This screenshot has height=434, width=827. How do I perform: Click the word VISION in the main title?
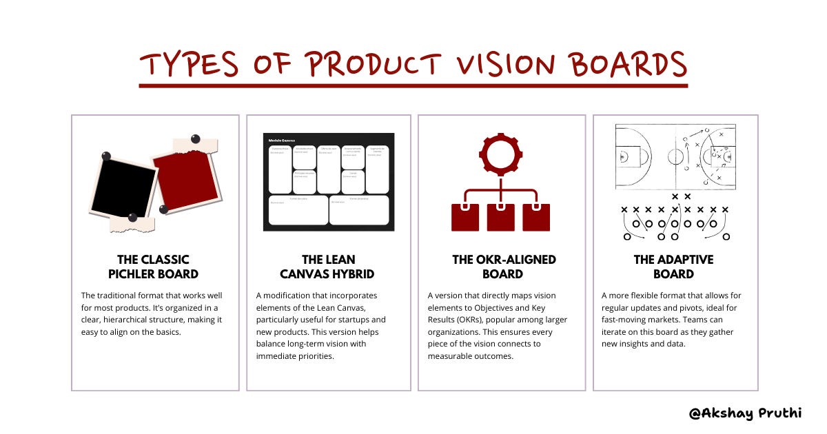pyautogui.click(x=497, y=64)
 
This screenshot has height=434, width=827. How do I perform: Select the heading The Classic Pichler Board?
pyautogui.click(x=153, y=267)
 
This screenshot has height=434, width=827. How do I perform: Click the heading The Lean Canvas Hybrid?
pyautogui.click(x=329, y=267)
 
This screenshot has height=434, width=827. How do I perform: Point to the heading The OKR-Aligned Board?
pyautogui.click(x=504, y=267)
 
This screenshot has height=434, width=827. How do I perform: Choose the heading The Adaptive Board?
pyautogui.click(x=673, y=267)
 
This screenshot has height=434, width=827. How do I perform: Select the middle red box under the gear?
pyautogui.click(x=501, y=217)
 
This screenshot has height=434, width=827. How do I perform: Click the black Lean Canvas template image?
pyautogui.click(x=329, y=182)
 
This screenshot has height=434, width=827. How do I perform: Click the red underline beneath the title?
pyautogui.click(x=413, y=85)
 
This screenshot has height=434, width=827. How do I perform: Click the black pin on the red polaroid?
pyautogui.click(x=195, y=139)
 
